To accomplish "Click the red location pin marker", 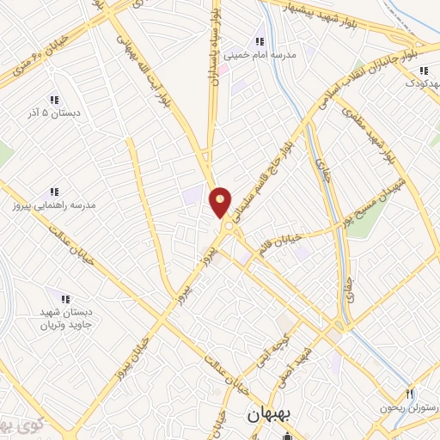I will [x=221, y=202].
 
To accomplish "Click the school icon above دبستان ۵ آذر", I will [x=54, y=100].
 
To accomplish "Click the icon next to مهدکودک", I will [x=425, y=70].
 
